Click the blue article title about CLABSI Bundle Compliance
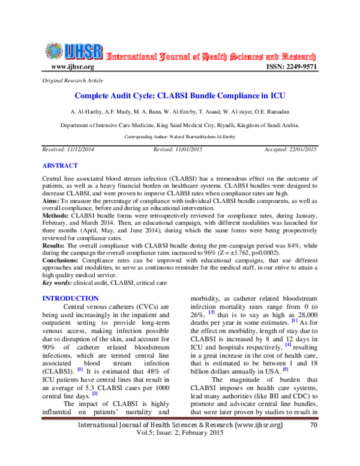(x=179, y=95)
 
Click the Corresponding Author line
(x=179, y=137)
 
